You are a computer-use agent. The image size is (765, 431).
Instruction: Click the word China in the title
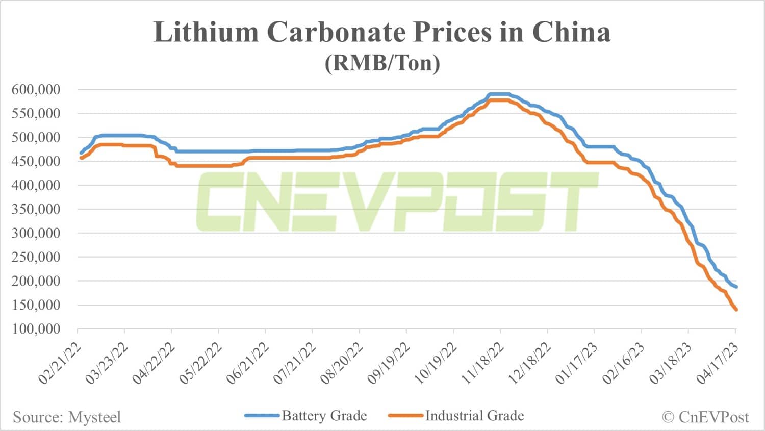(571, 32)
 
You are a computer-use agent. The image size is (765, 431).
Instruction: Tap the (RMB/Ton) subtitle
(382, 63)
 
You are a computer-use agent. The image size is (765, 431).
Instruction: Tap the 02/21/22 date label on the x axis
(60, 364)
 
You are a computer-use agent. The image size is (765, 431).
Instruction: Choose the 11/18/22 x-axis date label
(482, 364)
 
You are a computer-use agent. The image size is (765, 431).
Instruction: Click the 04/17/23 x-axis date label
(718, 364)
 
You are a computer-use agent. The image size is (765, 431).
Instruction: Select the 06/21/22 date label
(248, 364)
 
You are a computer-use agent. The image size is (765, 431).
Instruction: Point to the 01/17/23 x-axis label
(576, 364)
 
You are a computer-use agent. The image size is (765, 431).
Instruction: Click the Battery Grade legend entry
(324, 416)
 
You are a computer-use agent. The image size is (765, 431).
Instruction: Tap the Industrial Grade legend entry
(474, 416)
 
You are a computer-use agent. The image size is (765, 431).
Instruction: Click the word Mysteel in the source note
(94, 417)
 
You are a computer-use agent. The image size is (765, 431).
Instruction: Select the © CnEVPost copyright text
(705, 417)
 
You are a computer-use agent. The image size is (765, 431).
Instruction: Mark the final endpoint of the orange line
(736, 310)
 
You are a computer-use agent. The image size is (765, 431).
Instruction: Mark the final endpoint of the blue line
(736, 287)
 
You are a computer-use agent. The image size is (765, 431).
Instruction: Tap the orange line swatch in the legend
(405, 416)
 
